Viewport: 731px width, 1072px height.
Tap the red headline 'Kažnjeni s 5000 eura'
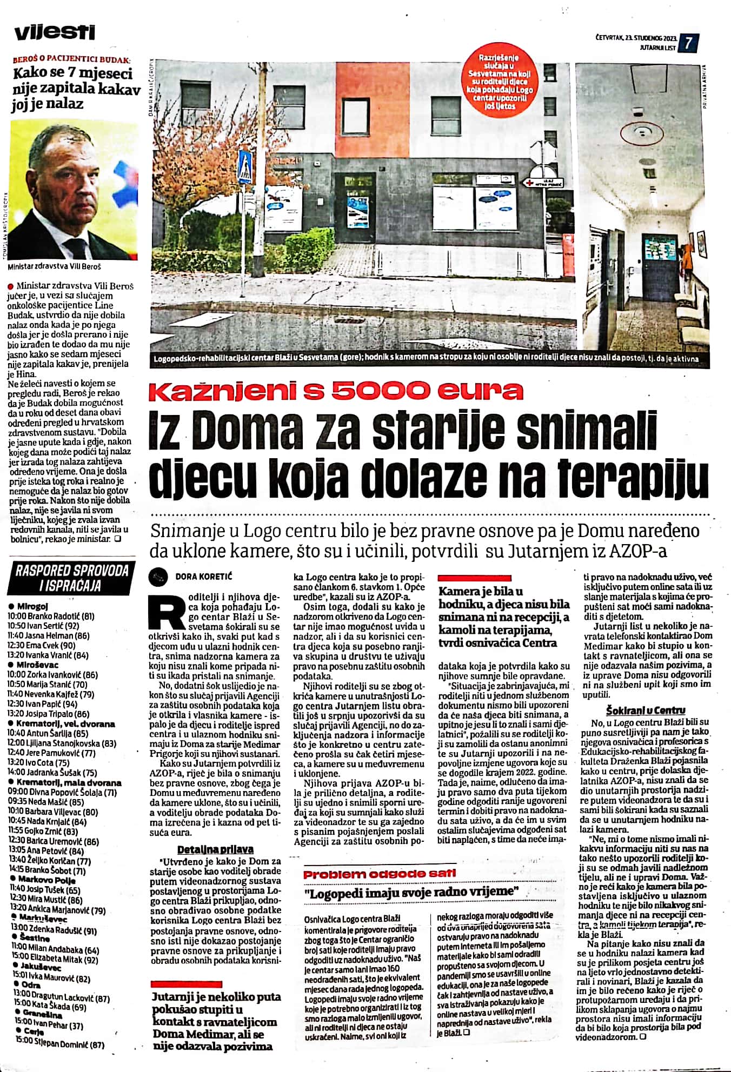click(x=336, y=391)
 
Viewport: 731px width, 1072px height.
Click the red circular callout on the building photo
click(x=502, y=82)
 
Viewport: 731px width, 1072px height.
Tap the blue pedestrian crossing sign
click(x=245, y=166)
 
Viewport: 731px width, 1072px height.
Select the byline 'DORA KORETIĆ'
click(x=203, y=577)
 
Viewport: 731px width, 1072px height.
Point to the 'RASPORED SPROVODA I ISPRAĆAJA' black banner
click(x=72, y=578)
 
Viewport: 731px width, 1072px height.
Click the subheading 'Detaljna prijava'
click(x=215, y=849)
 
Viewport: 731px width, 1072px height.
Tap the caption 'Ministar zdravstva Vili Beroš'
click(x=55, y=267)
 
